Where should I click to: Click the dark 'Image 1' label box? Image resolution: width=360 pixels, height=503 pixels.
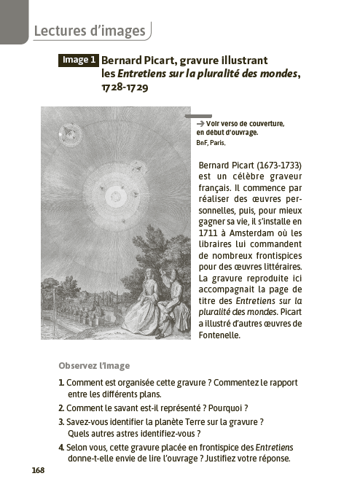pos(78,61)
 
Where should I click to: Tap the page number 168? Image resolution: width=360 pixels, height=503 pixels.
pos(38,470)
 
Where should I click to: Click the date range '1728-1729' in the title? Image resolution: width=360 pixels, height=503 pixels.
pos(125,87)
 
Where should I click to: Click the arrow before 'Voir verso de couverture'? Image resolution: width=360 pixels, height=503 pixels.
pos(201,123)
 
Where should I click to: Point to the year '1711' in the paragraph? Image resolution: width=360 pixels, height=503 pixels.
pos(210,231)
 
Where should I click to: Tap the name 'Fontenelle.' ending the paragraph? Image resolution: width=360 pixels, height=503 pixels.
pos(219,335)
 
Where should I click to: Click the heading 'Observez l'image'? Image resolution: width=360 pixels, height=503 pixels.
pos(93,365)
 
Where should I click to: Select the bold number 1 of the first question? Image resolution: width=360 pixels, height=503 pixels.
pos(60,383)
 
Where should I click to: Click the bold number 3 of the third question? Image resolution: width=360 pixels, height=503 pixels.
pos(61,421)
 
